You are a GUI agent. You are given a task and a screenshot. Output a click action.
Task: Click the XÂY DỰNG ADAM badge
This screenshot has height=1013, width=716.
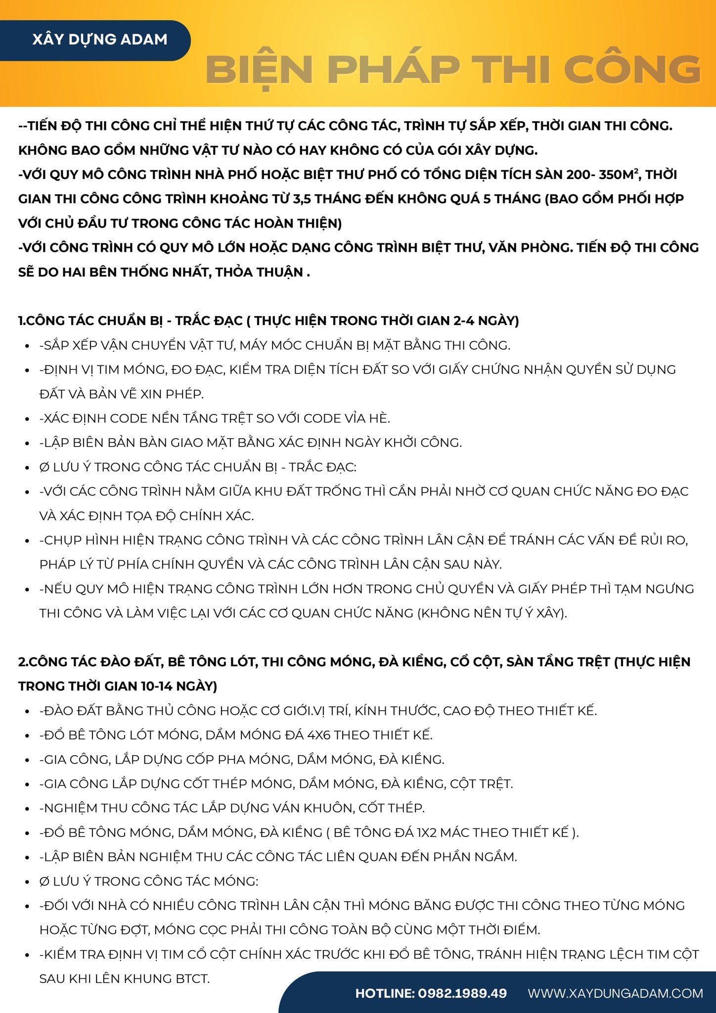point(99,40)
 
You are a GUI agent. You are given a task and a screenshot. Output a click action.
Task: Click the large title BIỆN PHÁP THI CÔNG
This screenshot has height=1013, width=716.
point(452,70)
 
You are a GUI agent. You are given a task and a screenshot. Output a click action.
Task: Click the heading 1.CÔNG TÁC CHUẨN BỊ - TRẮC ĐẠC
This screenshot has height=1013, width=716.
point(130,321)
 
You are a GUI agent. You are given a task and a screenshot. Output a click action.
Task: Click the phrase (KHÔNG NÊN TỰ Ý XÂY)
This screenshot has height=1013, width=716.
point(492,613)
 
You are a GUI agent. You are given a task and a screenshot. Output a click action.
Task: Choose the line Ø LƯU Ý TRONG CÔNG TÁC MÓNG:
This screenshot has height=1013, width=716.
point(149,881)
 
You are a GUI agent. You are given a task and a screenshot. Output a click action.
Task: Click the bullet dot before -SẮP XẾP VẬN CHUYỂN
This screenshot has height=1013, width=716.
point(28,346)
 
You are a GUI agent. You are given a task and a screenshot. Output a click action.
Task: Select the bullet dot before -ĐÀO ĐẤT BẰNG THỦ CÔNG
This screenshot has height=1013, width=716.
point(28,711)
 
